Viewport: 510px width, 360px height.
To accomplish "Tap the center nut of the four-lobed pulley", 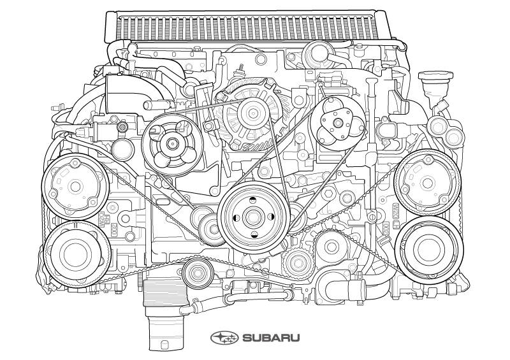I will click(x=171, y=143).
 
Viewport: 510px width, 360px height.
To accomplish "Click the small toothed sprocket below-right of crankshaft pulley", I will click(x=298, y=263).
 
